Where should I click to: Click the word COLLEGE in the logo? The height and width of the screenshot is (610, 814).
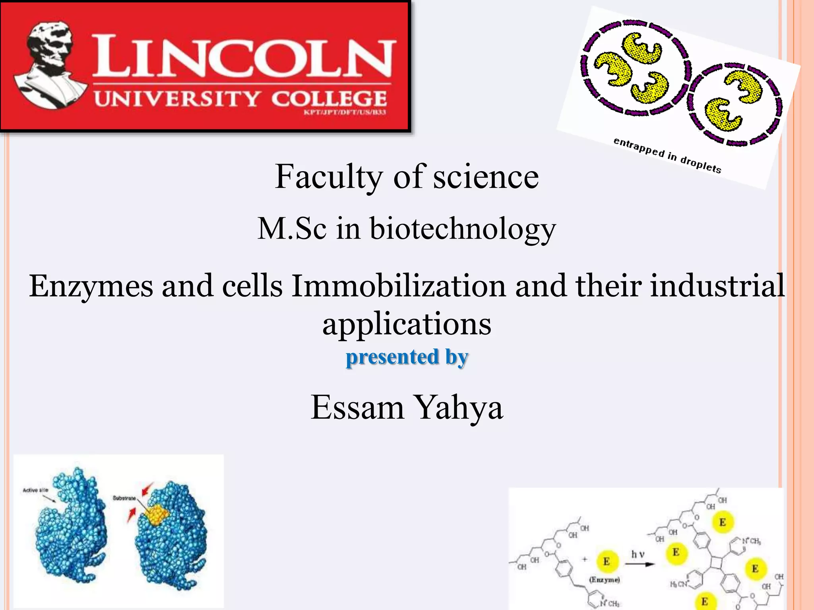tap(329, 98)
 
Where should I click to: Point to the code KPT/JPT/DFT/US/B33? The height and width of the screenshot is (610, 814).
tap(345, 112)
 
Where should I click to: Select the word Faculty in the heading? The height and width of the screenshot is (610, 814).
tap(329, 177)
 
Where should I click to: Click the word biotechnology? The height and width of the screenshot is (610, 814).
tap(463, 229)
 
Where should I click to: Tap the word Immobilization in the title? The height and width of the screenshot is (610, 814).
tap(398, 286)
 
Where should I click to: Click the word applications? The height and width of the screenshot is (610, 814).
tap(407, 324)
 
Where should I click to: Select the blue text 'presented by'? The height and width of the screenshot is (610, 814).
tap(407, 357)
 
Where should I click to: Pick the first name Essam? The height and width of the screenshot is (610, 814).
tap(357, 407)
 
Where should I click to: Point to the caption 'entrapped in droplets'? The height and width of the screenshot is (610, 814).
tap(667, 155)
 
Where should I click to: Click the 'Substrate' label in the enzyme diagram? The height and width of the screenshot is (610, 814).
tap(124, 498)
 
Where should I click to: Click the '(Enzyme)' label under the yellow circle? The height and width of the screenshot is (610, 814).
tap(604, 580)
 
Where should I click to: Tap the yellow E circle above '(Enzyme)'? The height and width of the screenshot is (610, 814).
tap(607, 561)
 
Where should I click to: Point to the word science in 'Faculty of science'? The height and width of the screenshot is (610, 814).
tap(486, 177)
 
